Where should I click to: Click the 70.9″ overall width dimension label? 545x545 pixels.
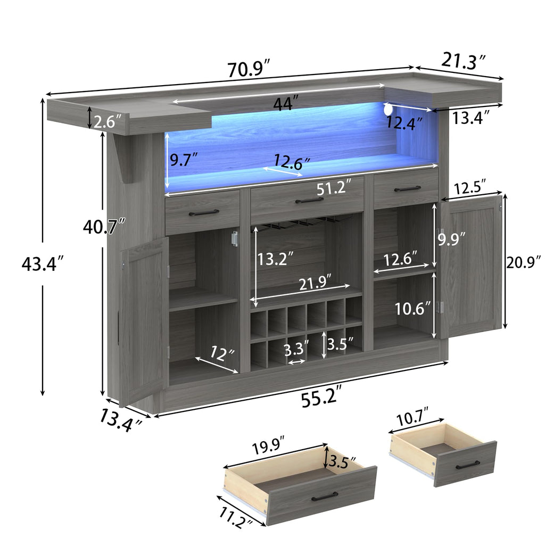click(x=250, y=69)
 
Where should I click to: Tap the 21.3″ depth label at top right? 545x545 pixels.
click(x=463, y=61)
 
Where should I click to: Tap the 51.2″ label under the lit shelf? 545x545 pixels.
click(x=334, y=187)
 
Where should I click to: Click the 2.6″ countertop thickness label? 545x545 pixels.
click(x=109, y=122)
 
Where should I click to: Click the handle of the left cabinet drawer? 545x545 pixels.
click(x=203, y=212)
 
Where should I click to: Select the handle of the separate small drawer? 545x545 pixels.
click(x=467, y=465)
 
